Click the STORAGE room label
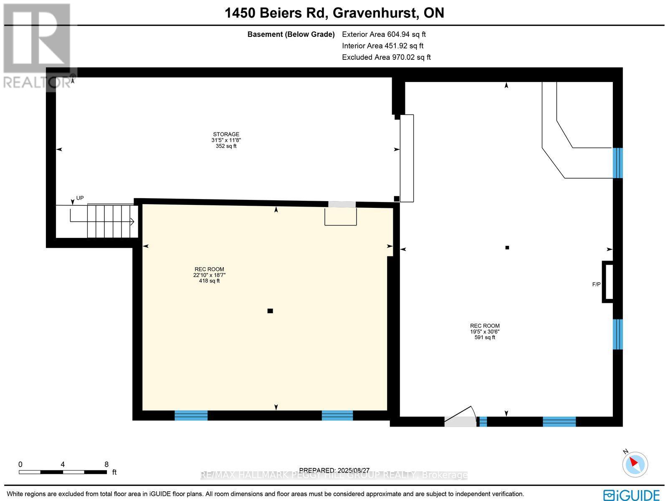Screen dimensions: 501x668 point(226,134)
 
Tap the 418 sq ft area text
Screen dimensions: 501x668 point(209,281)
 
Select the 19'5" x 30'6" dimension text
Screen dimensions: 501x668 point(485,332)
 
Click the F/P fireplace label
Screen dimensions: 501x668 point(596,284)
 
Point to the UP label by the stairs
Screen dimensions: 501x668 point(80,198)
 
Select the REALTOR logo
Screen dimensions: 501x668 point(38,46)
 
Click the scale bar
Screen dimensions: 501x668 point(63,472)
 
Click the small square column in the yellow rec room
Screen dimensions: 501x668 point(270,311)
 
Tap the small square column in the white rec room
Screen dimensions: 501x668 point(507,248)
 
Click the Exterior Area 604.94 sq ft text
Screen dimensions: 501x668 point(384,35)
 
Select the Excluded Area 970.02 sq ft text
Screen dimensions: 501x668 point(386,57)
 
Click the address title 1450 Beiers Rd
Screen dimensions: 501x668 point(334,13)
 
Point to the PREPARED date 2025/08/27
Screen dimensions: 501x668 point(334,470)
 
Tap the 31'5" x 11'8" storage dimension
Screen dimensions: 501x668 point(226,140)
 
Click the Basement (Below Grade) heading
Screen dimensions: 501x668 point(291,35)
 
